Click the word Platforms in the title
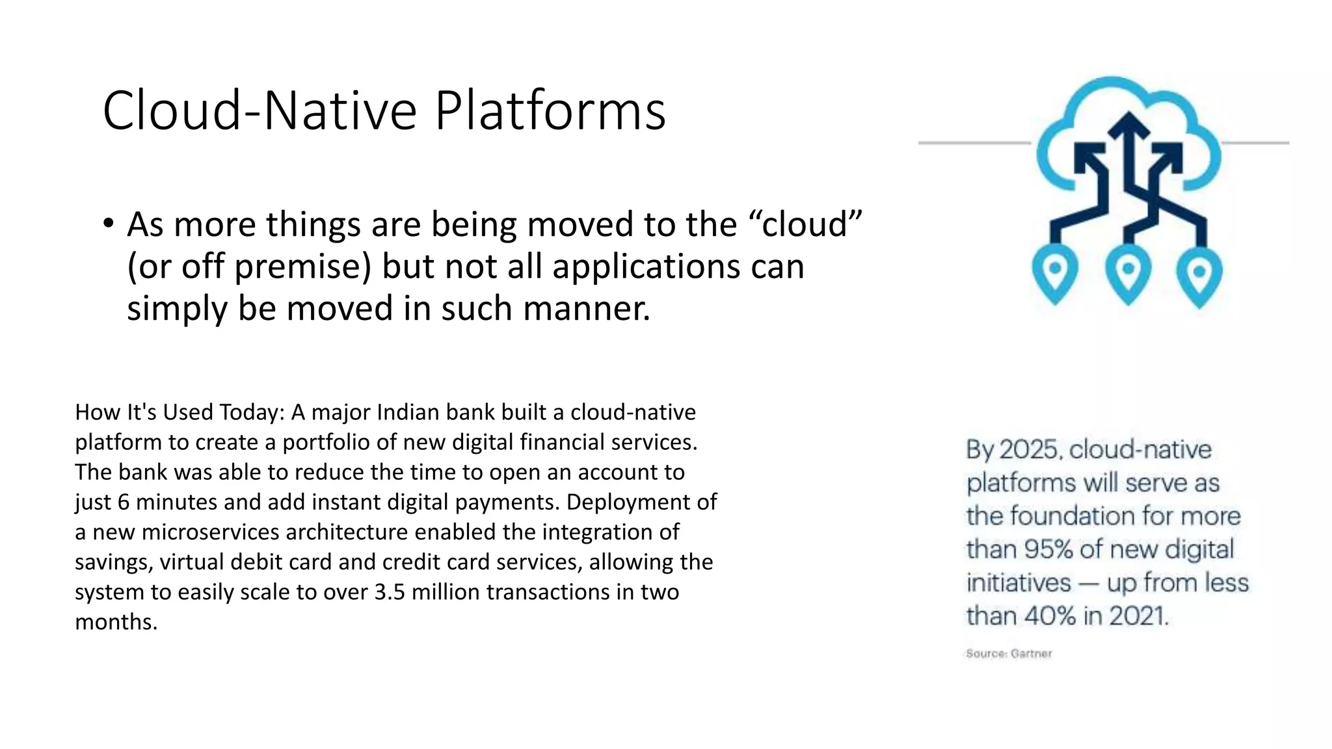tap(550, 111)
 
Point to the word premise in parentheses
tap(302, 267)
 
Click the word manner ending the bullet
tap(585, 308)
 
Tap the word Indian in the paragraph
tap(408, 412)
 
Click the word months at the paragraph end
tap(115, 622)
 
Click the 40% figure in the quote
tap(1048, 616)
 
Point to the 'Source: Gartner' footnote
tap(1008, 653)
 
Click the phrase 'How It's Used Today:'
tap(180, 412)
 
